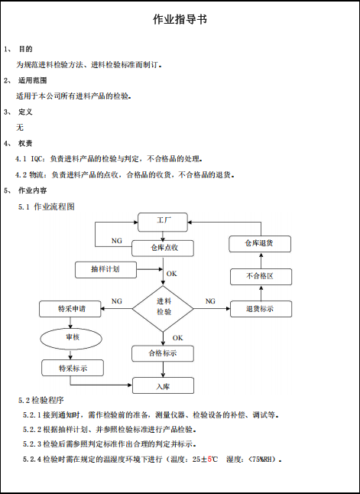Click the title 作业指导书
point(180,20)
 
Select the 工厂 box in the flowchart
point(163,222)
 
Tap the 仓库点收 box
point(163,249)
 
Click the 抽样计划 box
point(105,270)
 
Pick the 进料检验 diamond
point(163,308)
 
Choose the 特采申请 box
point(70,309)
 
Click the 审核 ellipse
point(71,339)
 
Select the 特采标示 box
point(73,368)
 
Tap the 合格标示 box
point(163,353)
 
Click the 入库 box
point(163,385)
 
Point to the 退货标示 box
point(261,309)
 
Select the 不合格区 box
point(261,277)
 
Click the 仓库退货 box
point(260,244)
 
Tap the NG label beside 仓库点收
point(116,241)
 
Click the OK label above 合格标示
point(177,338)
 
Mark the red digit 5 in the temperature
point(209,460)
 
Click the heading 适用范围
point(32,80)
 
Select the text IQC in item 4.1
point(37,159)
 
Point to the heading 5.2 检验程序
point(41,400)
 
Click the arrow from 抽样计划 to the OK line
point(150,269)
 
